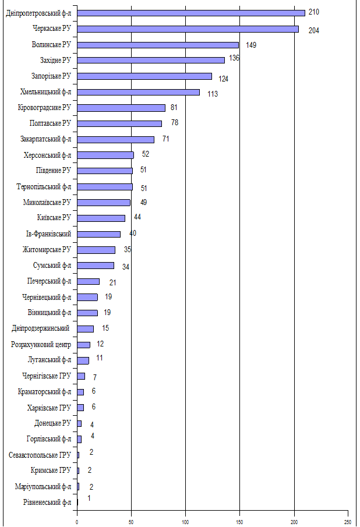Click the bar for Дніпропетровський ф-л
pyautogui.click(x=190, y=13)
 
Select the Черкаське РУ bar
pyautogui.click(x=188, y=29)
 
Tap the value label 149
pyautogui.click(x=252, y=45)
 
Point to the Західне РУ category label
pyautogui.click(x=51, y=60)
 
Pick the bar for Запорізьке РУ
pyautogui.click(x=144, y=76)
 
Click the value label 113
pyautogui.click(x=212, y=94)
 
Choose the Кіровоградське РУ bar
pyautogui.click(x=121, y=108)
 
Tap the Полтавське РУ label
pyautogui.click(x=50, y=123)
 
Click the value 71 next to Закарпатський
pyautogui.click(x=165, y=139)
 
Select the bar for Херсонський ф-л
pyautogui.click(x=105, y=155)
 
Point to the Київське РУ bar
pyautogui.click(x=101, y=218)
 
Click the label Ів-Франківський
pyautogui.click(x=50, y=234)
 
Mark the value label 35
pyautogui.click(x=127, y=250)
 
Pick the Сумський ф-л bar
pyautogui.click(x=96, y=266)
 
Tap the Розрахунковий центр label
pyautogui.click(x=41, y=344)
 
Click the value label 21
pyautogui.click(x=114, y=282)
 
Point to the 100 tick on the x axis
pyautogui.click(x=186, y=522)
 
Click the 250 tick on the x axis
pyautogui.click(x=348, y=522)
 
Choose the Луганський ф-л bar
pyautogui.click(x=83, y=360)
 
